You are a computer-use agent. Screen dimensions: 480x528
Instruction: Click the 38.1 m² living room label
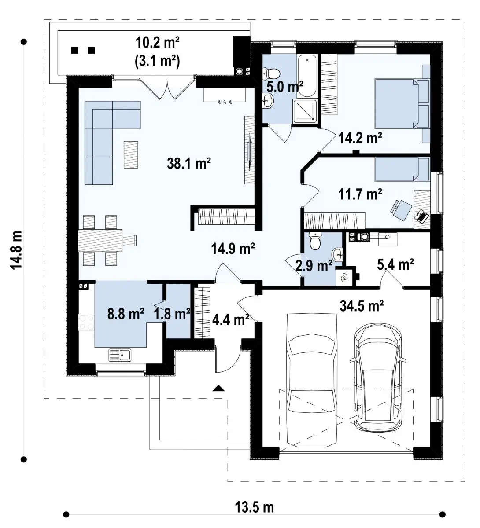tap(188, 163)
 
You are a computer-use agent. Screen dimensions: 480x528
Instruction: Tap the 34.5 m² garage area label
tap(362, 306)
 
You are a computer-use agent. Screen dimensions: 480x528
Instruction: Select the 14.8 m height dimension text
tap(16, 250)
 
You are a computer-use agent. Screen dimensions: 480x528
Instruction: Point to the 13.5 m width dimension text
tap(254, 507)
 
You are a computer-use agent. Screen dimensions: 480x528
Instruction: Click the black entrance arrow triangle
tap(219, 388)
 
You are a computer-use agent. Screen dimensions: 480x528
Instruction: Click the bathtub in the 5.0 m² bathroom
tap(307, 76)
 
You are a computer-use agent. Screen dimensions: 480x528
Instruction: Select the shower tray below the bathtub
tap(305, 111)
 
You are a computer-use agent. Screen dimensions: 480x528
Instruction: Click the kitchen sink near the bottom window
tap(120, 355)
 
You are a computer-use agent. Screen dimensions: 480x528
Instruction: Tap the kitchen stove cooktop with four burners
tap(87, 323)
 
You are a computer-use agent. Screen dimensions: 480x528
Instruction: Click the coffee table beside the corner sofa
tap(131, 155)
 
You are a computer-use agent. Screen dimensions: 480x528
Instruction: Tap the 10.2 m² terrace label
tap(158, 42)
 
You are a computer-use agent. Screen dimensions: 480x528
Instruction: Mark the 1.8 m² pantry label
tap(172, 314)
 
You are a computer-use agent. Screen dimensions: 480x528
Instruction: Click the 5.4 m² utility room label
tap(395, 264)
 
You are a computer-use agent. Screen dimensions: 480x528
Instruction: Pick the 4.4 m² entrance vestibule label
tap(230, 319)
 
